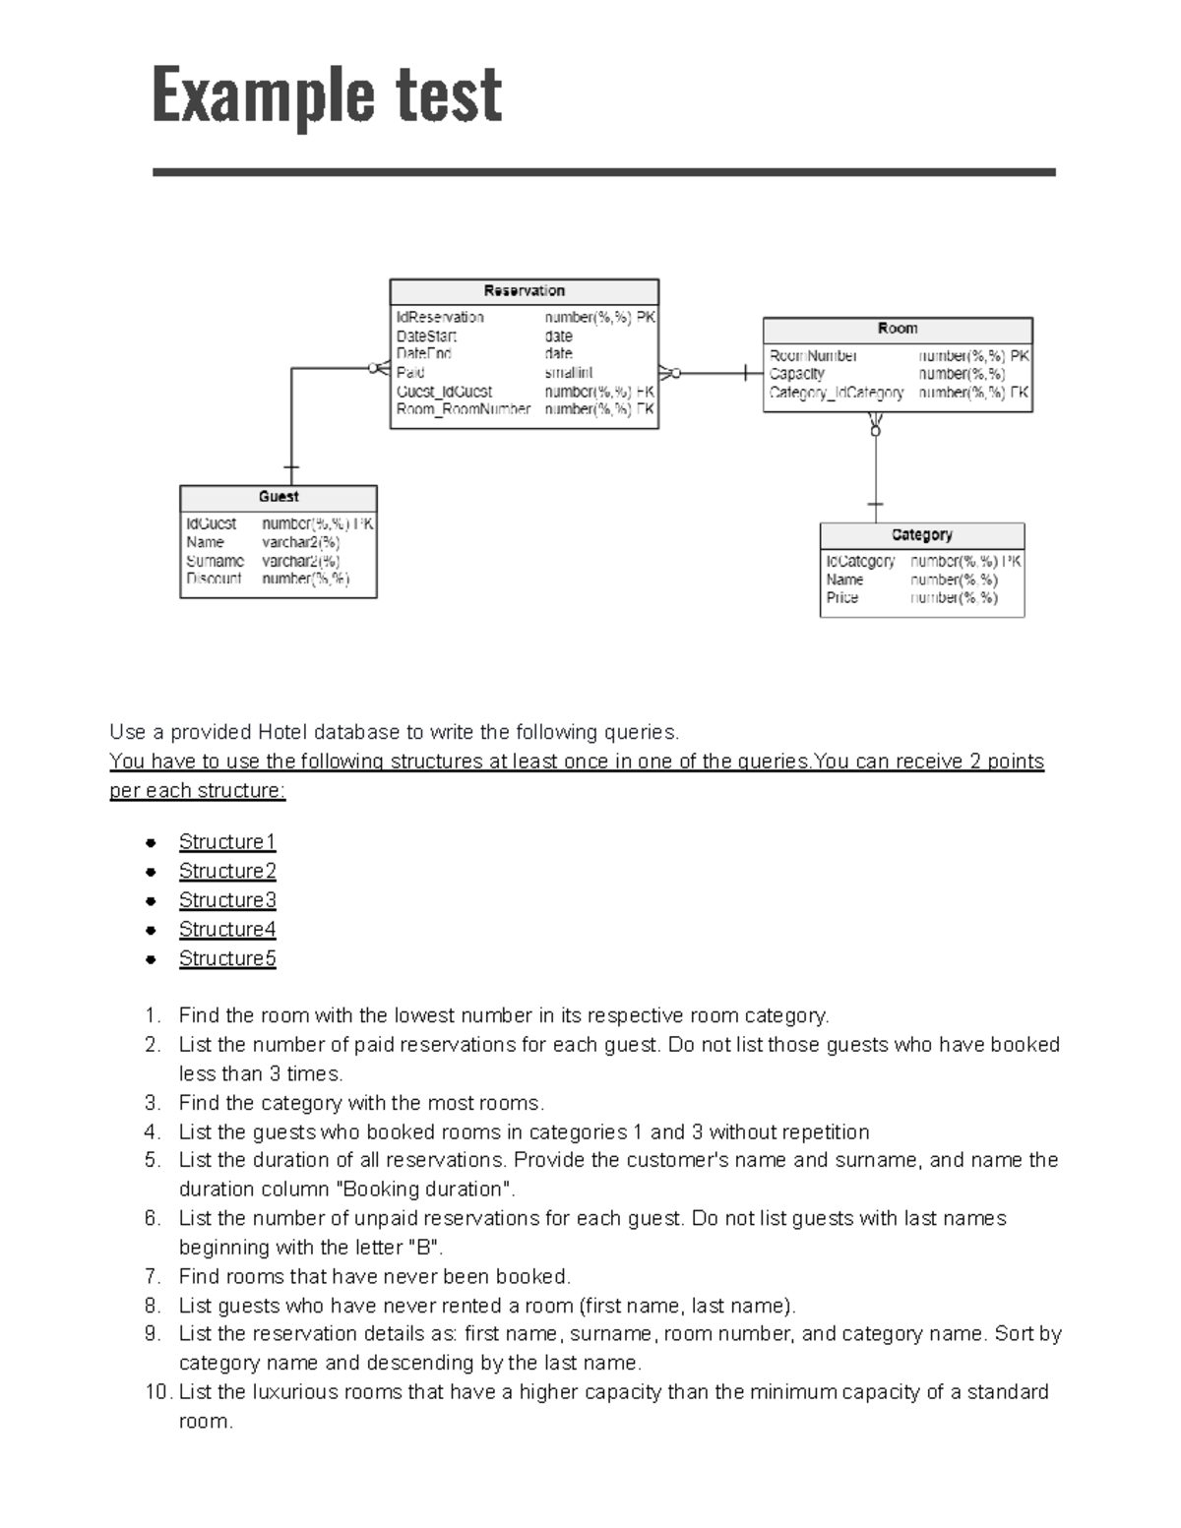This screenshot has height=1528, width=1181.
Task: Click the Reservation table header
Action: pyautogui.click(x=524, y=291)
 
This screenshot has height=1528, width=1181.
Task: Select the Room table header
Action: pyautogui.click(x=898, y=329)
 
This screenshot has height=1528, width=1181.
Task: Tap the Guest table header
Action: pyautogui.click(x=279, y=497)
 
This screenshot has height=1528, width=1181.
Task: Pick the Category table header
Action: pyautogui.click(x=921, y=535)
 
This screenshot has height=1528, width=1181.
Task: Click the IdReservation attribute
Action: pyautogui.click(x=440, y=318)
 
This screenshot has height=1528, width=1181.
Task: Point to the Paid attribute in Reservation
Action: pyautogui.click(x=410, y=373)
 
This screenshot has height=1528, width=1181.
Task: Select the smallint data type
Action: pyautogui.click(x=569, y=373)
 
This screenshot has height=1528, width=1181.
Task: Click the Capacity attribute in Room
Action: pyautogui.click(x=797, y=374)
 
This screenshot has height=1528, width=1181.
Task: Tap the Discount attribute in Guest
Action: pyautogui.click(x=214, y=579)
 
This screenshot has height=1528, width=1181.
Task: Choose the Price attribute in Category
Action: pyautogui.click(x=842, y=597)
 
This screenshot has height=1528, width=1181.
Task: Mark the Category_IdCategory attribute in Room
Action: pyautogui.click(x=837, y=393)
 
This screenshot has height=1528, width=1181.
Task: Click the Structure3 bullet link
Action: pyautogui.click(x=227, y=900)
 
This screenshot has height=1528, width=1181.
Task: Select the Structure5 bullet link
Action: pyautogui.click(x=227, y=958)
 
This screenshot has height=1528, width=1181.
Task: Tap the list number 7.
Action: pyautogui.click(x=152, y=1276)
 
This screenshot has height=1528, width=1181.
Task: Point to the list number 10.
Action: pyautogui.click(x=157, y=1392)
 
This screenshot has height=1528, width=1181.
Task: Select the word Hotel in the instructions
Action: pyautogui.click(x=282, y=732)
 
